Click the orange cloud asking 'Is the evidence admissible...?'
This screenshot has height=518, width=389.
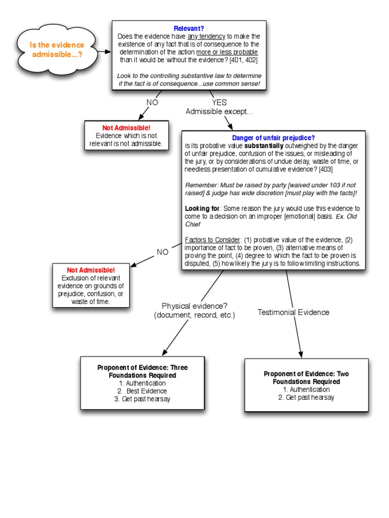tap(57, 49)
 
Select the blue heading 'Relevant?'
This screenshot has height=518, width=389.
tap(188, 29)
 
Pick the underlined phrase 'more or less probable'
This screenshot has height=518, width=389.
tap(227, 52)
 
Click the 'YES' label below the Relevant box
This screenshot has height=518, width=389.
tap(219, 102)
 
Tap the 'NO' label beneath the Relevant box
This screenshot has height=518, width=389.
tap(152, 102)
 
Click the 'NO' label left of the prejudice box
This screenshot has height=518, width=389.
tap(163, 252)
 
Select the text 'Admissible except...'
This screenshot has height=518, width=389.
tap(218, 111)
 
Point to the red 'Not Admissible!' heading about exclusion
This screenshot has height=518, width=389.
tap(91, 270)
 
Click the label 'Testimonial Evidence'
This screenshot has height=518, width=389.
tap(293, 312)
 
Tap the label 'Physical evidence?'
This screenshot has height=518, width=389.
tap(194, 306)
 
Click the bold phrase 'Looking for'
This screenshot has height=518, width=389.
tap(202, 208)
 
